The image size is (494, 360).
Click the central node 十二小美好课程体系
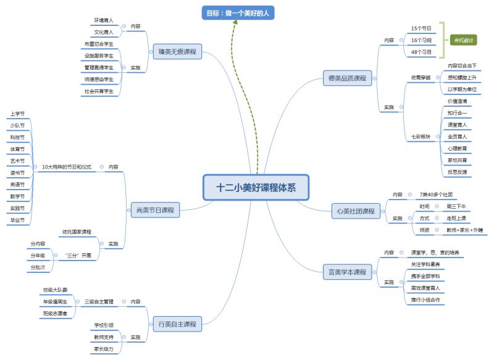pos(256,188)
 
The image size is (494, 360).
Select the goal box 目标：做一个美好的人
pos(238,12)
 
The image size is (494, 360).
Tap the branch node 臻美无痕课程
pos(177,52)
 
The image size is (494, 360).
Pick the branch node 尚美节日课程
pos(154,211)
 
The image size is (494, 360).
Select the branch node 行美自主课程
pos(177,324)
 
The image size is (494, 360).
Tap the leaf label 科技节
pos(18,137)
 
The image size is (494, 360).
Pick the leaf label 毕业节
pos(18,220)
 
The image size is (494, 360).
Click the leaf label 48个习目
pos(421,52)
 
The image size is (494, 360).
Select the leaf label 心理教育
pos(457,148)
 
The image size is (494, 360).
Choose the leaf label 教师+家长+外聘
pos(464,230)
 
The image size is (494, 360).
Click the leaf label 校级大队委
pos(56,289)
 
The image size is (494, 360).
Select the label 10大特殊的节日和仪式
pos(66,167)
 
